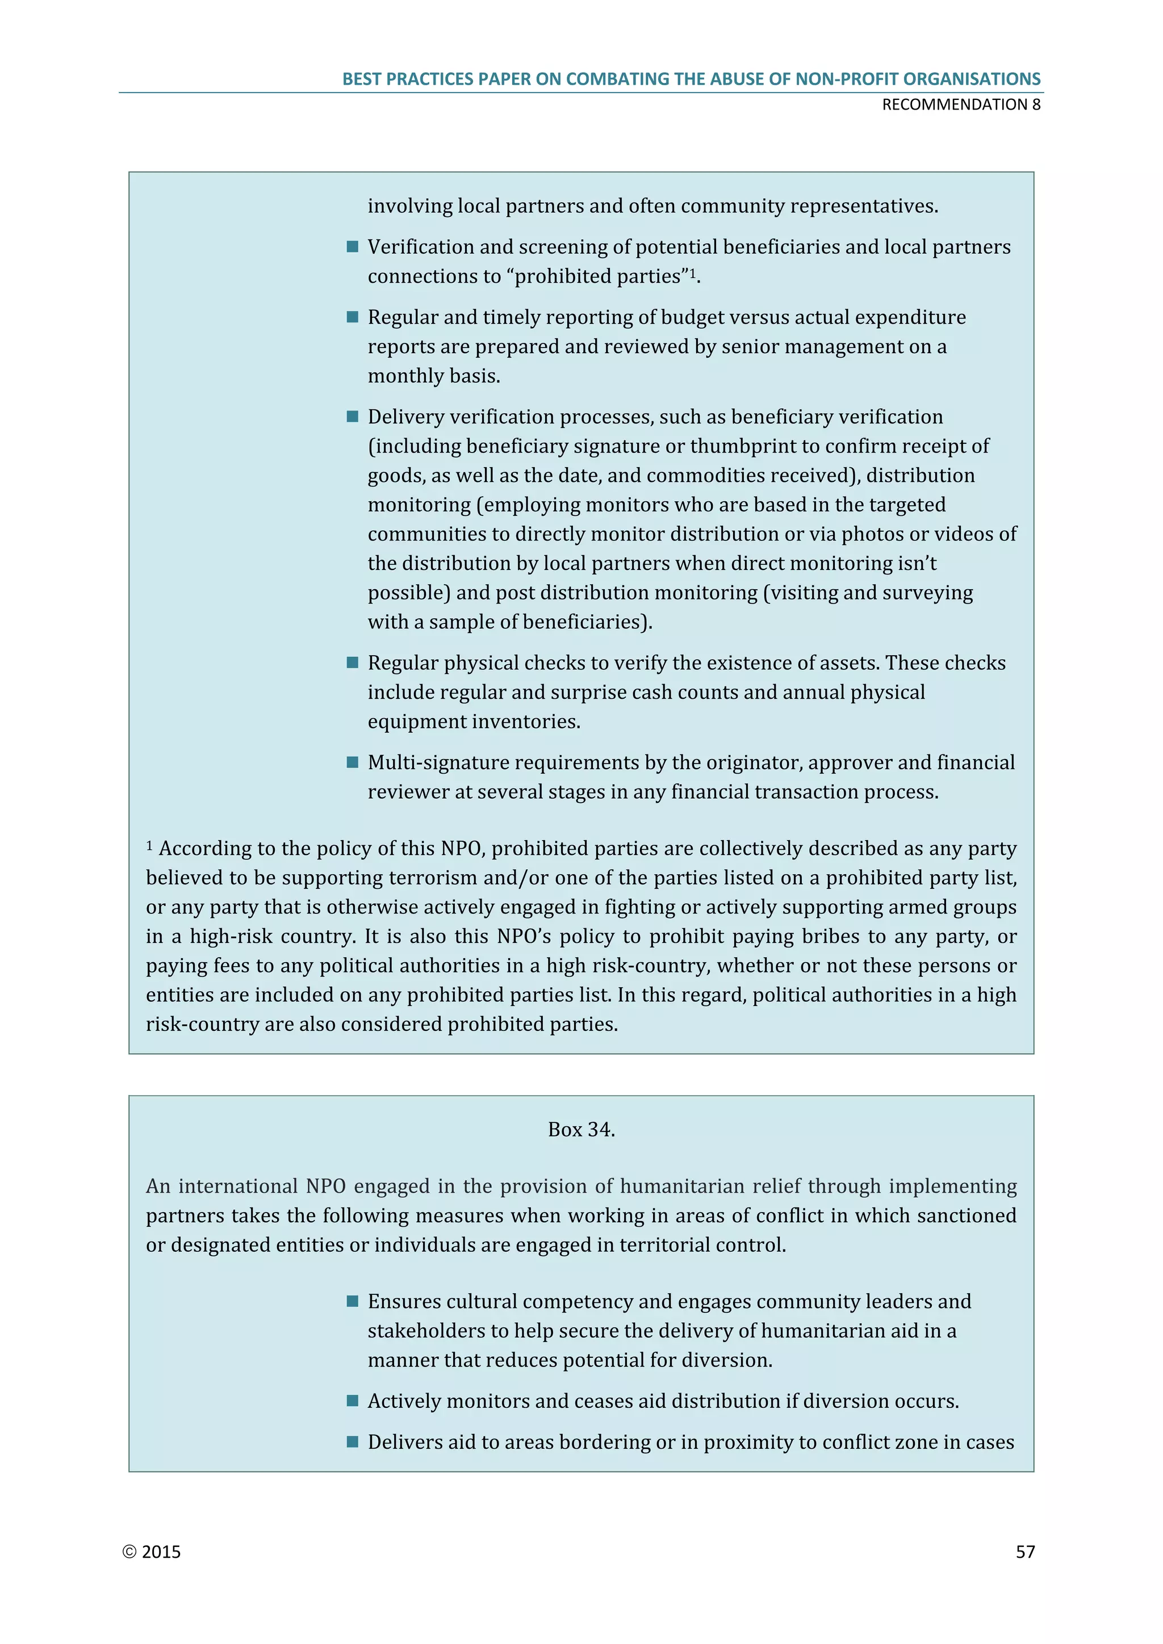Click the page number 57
[1025, 1551]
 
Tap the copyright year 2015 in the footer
[161, 1551]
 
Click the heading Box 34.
[581, 1129]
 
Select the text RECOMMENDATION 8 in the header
[960, 104]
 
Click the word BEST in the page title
[362, 79]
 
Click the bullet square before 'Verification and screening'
[352, 247]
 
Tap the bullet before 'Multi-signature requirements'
[352, 762]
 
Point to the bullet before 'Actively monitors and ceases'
[352, 1400]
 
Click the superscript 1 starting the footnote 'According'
[150, 846]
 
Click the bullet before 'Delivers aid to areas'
[352, 1441]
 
